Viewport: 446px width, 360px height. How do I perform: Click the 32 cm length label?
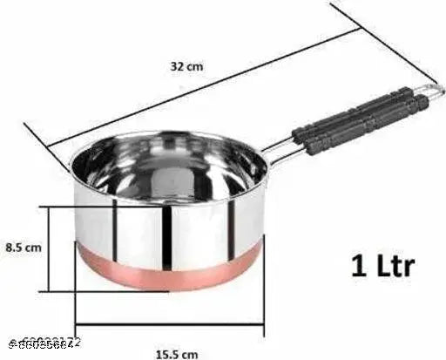187,66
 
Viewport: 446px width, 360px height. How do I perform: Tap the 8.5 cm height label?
24,247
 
